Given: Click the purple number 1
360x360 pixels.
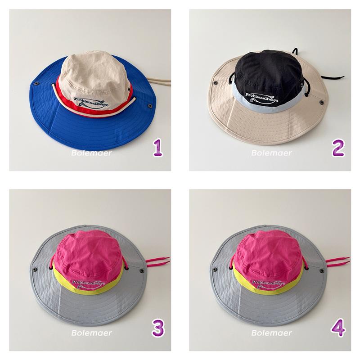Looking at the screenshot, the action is click(x=158, y=148).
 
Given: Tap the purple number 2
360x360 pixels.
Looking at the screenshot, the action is click(x=338, y=148).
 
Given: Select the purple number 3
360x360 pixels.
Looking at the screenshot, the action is click(x=158, y=328).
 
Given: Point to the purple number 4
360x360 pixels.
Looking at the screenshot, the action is click(x=338, y=328).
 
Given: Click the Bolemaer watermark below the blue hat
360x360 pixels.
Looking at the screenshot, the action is click(x=92, y=153).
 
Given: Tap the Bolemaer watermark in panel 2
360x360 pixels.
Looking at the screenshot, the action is click(x=272, y=153).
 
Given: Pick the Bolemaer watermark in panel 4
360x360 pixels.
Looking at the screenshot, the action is click(x=272, y=333).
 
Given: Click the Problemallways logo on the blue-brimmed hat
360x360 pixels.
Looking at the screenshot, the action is click(x=91, y=103).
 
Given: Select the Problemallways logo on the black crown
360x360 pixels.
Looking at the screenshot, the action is click(x=262, y=98).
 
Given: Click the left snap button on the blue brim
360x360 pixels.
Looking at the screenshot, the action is click(x=36, y=84).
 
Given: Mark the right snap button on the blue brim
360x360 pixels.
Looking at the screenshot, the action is click(x=150, y=106).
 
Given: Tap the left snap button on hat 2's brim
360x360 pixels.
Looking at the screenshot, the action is click(x=216, y=83).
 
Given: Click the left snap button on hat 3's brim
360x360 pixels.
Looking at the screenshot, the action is click(x=35, y=269).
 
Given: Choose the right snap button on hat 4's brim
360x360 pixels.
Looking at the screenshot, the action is click(x=322, y=271).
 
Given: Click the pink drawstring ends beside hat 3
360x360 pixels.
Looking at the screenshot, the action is click(x=158, y=261).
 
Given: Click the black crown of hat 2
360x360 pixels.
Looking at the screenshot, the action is click(x=269, y=71).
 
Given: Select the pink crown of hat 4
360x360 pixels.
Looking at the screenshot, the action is click(x=269, y=254).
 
